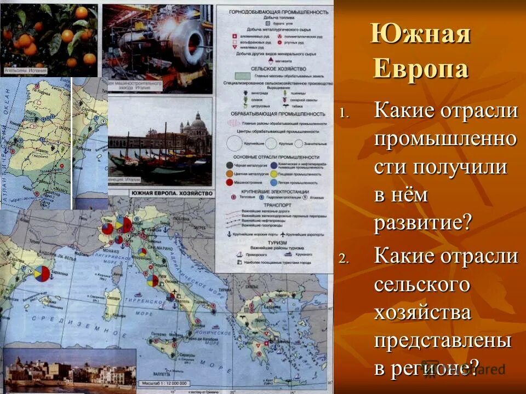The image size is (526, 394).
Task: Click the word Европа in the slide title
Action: coord(421,69)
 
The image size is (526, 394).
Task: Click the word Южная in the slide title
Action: coord(420,34)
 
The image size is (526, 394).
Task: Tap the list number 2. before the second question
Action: coord(344,258)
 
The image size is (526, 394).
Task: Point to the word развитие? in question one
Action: coord(422,223)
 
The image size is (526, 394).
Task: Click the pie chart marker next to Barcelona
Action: coord(41,273)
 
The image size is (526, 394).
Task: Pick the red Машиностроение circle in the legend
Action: coord(228,182)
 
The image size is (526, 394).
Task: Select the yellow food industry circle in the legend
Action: coord(275,174)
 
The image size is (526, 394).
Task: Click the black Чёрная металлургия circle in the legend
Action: coord(228,166)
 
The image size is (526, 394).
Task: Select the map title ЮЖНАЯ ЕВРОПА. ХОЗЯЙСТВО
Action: coord(170,193)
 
